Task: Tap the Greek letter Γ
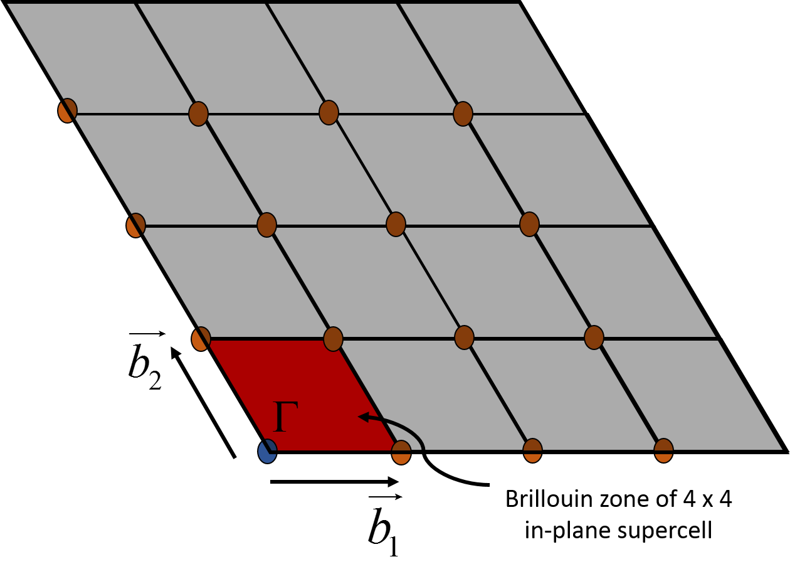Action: click(x=286, y=416)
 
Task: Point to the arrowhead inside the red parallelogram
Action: click(x=363, y=417)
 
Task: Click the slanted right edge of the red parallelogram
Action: click(x=367, y=395)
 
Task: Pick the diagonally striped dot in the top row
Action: click(x=67, y=111)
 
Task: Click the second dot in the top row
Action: click(x=198, y=114)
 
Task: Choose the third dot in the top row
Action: click(x=329, y=113)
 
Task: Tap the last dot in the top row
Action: click(x=463, y=114)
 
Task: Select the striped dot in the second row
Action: click(x=135, y=226)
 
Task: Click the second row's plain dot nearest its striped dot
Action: click(x=266, y=225)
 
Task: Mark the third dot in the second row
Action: click(x=396, y=224)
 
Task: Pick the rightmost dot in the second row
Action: click(x=529, y=224)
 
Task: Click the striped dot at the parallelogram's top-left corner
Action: click(x=201, y=339)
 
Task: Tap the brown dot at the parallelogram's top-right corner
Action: click(x=333, y=339)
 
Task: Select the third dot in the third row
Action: click(x=464, y=338)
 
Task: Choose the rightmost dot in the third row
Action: click(x=594, y=338)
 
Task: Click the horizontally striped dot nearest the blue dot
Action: click(x=401, y=452)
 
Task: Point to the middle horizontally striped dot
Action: click(x=532, y=450)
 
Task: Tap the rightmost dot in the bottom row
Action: click(x=663, y=450)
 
